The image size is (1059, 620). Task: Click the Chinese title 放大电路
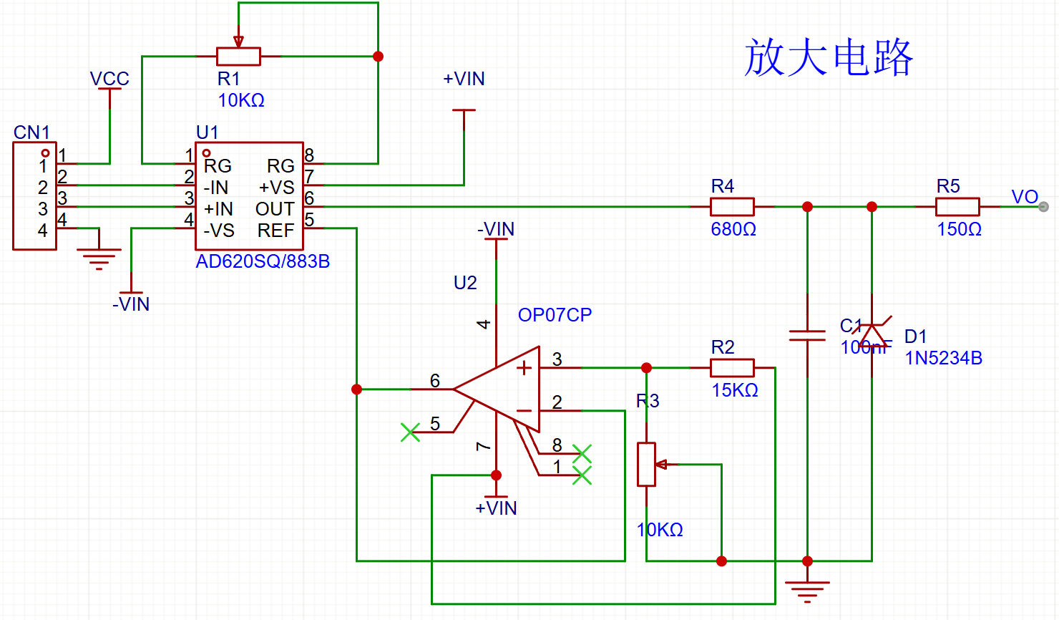tap(829, 57)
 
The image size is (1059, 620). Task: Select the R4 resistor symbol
tap(732, 207)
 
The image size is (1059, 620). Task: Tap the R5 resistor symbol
tap(957, 207)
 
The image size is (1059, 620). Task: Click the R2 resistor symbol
tap(732, 368)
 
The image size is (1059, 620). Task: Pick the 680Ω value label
tap(733, 230)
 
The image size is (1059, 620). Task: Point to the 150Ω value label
tap(960, 230)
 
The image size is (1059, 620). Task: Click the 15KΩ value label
tap(735, 390)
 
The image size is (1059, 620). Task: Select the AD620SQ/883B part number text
tap(263, 261)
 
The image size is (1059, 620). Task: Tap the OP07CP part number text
tap(555, 315)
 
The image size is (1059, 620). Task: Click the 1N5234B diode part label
tap(943, 358)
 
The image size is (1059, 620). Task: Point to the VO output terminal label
tap(1024, 197)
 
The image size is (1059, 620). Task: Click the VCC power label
tap(109, 79)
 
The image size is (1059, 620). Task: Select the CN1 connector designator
tap(31, 132)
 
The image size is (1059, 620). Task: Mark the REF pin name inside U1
tap(275, 231)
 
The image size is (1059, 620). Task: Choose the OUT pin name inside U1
tap(275, 209)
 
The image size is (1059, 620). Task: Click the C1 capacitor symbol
tap(807, 335)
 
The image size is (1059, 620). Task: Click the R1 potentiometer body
tap(238, 57)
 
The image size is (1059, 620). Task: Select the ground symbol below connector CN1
tap(99, 257)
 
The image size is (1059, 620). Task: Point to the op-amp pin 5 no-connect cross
tap(410, 432)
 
